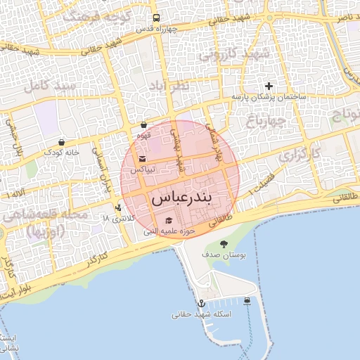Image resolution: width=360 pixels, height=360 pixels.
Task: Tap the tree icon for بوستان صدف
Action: click(x=224, y=245)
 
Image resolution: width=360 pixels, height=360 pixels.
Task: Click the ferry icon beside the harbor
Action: click(x=247, y=302)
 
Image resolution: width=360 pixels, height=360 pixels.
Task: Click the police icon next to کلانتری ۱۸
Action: click(x=117, y=207)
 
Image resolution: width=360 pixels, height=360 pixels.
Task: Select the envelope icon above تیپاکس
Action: click(x=143, y=159)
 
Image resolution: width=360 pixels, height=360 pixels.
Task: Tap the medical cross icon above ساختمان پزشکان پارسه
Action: click(x=269, y=86)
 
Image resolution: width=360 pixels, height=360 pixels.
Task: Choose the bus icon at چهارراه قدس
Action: click(x=155, y=18)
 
